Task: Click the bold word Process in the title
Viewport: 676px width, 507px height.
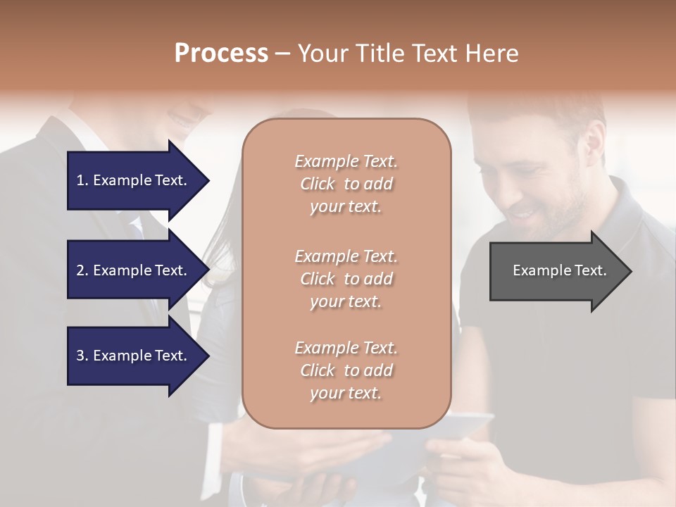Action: click(x=221, y=54)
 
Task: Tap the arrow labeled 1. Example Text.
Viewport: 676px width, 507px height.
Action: click(x=137, y=180)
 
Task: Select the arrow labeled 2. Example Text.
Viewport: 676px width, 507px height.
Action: click(x=137, y=270)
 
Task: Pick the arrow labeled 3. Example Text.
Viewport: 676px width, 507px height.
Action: click(x=137, y=356)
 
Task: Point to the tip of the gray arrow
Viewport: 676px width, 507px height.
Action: click(x=630, y=271)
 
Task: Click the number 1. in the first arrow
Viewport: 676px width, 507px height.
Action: click(x=82, y=180)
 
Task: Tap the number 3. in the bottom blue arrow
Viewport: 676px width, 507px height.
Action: click(x=82, y=356)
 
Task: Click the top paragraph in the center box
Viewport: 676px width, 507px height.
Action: click(x=346, y=184)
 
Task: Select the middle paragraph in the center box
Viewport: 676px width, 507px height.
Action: click(x=346, y=279)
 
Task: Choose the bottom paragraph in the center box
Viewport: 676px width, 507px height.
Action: click(x=346, y=370)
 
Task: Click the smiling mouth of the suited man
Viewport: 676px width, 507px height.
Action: click(x=184, y=121)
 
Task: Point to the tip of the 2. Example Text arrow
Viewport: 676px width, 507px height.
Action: click(x=208, y=270)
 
